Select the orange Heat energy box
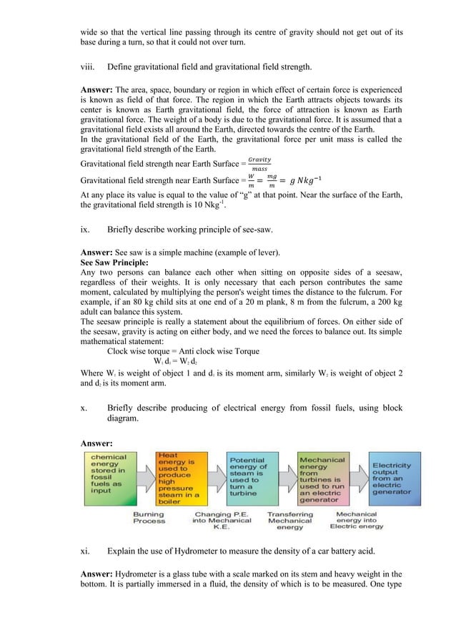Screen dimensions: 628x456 pos(178,478)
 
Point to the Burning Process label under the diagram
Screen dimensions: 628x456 pos(149,517)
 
